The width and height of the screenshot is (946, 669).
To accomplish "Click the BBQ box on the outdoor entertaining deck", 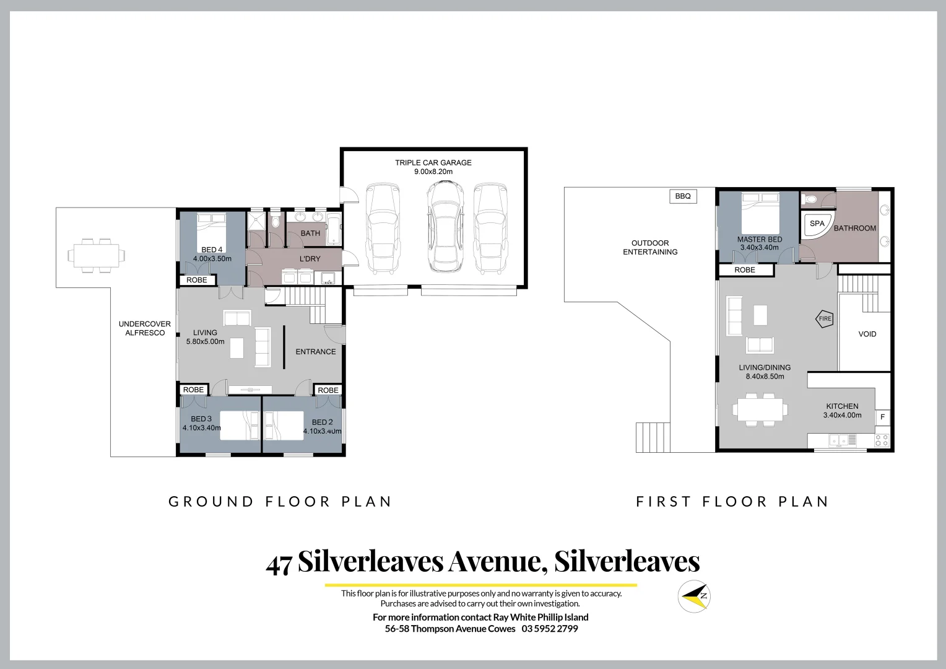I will (683, 196).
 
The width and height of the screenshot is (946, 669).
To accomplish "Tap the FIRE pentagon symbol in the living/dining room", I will (825, 319).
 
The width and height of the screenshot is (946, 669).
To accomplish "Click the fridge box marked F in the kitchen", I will (883, 418).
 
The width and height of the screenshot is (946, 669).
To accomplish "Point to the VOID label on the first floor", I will (867, 334).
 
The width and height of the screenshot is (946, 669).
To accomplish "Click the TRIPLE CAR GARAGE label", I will (433, 163).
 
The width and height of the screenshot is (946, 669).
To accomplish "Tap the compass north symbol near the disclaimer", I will (693, 596).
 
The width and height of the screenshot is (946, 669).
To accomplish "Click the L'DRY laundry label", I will (310, 258).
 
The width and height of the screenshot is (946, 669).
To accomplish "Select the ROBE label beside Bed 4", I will (197, 280).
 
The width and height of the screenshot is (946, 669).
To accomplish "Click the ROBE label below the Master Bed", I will (745, 270).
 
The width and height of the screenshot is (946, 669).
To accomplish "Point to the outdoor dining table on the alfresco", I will (95, 255).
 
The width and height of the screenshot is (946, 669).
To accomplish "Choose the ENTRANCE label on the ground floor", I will (315, 352).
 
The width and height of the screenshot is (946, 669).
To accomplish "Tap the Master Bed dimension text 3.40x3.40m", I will (759, 248).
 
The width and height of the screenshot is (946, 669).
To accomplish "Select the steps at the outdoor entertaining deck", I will (653, 437).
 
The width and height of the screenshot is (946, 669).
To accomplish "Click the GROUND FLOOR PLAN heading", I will (280, 501).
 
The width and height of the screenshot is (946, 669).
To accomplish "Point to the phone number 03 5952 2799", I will (550, 629).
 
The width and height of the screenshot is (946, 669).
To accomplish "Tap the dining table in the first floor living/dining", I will (760, 409).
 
